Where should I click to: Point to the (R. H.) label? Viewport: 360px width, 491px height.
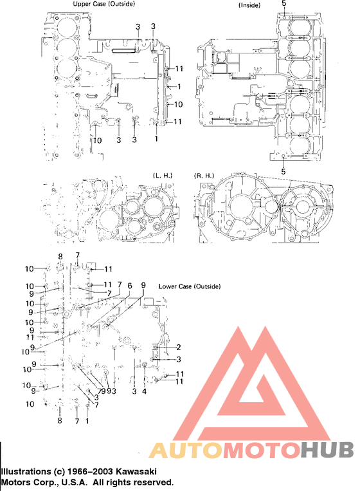point(204,175)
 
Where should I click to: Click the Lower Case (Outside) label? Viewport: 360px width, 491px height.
point(189,286)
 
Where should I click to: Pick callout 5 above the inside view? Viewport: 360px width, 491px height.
point(284,4)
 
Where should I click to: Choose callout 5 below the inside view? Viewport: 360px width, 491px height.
point(284,172)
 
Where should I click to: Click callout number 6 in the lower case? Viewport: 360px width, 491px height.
point(130,286)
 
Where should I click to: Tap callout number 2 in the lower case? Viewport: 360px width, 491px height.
point(179,347)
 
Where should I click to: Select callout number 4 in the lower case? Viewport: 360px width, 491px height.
point(144,391)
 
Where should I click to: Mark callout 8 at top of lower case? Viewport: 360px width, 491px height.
point(60,257)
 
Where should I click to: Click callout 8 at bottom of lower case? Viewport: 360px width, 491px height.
point(60,421)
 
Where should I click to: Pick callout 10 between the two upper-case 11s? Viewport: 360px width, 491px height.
point(179,104)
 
